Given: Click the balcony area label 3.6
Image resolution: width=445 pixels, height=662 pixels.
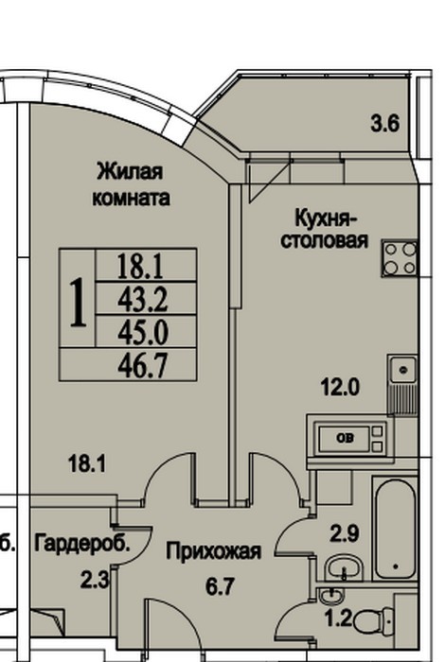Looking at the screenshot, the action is (384, 124).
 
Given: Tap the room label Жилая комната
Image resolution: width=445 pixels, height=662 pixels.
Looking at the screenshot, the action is (131, 185).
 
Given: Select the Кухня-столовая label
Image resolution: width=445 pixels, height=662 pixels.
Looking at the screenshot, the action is (325, 229).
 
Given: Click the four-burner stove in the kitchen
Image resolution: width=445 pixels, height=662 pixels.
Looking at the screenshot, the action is (400, 258).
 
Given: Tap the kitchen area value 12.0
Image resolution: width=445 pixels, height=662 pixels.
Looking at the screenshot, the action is (340, 387).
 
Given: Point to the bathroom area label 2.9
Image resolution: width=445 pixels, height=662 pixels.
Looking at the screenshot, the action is (345, 533).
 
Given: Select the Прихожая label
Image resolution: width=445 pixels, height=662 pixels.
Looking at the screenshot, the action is (213, 551).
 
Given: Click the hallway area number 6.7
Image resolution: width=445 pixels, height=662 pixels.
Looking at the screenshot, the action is (220, 587).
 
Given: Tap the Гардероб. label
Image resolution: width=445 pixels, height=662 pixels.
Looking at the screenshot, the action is (82, 544).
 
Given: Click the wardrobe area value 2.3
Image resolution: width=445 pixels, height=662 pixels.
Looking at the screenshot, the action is (95, 580).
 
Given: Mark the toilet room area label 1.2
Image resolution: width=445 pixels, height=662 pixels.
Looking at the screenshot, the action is (338, 618).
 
